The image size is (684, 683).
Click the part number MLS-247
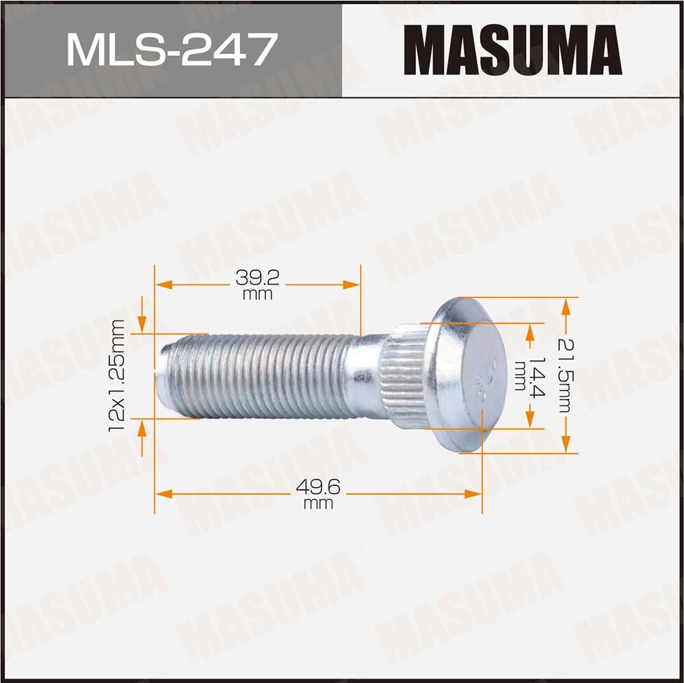pyautogui.click(x=171, y=49)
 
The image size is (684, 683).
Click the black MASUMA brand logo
pyautogui.click(x=512, y=49)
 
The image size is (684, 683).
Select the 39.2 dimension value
pyautogui.click(x=257, y=278)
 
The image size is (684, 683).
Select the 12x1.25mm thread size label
pyautogui.click(x=117, y=375)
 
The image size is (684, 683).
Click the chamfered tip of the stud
pyautogui.click(x=164, y=375)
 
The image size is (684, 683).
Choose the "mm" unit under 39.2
pyautogui.click(x=257, y=294)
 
